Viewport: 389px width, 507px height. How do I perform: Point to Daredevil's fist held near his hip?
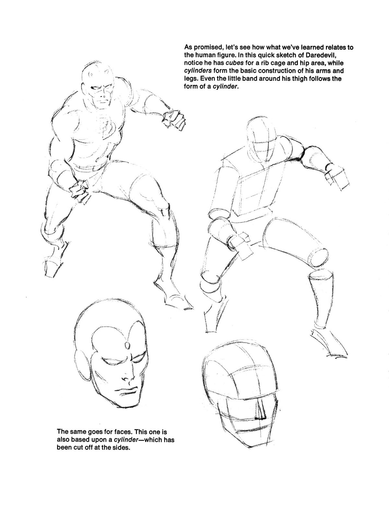point(79,190)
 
